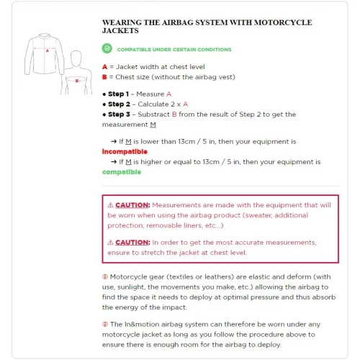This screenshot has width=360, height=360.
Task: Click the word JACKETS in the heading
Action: click(120, 32)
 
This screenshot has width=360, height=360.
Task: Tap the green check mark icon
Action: click(107, 49)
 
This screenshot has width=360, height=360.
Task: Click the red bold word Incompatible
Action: click(125, 152)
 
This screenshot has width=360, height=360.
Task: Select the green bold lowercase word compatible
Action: click(121, 172)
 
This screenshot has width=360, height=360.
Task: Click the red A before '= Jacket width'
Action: click(104, 66)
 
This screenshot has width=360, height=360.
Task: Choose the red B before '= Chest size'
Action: click(104, 76)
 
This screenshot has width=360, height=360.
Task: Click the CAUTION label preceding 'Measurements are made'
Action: click(131, 205)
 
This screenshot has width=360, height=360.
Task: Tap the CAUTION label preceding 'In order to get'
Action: click(131, 243)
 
